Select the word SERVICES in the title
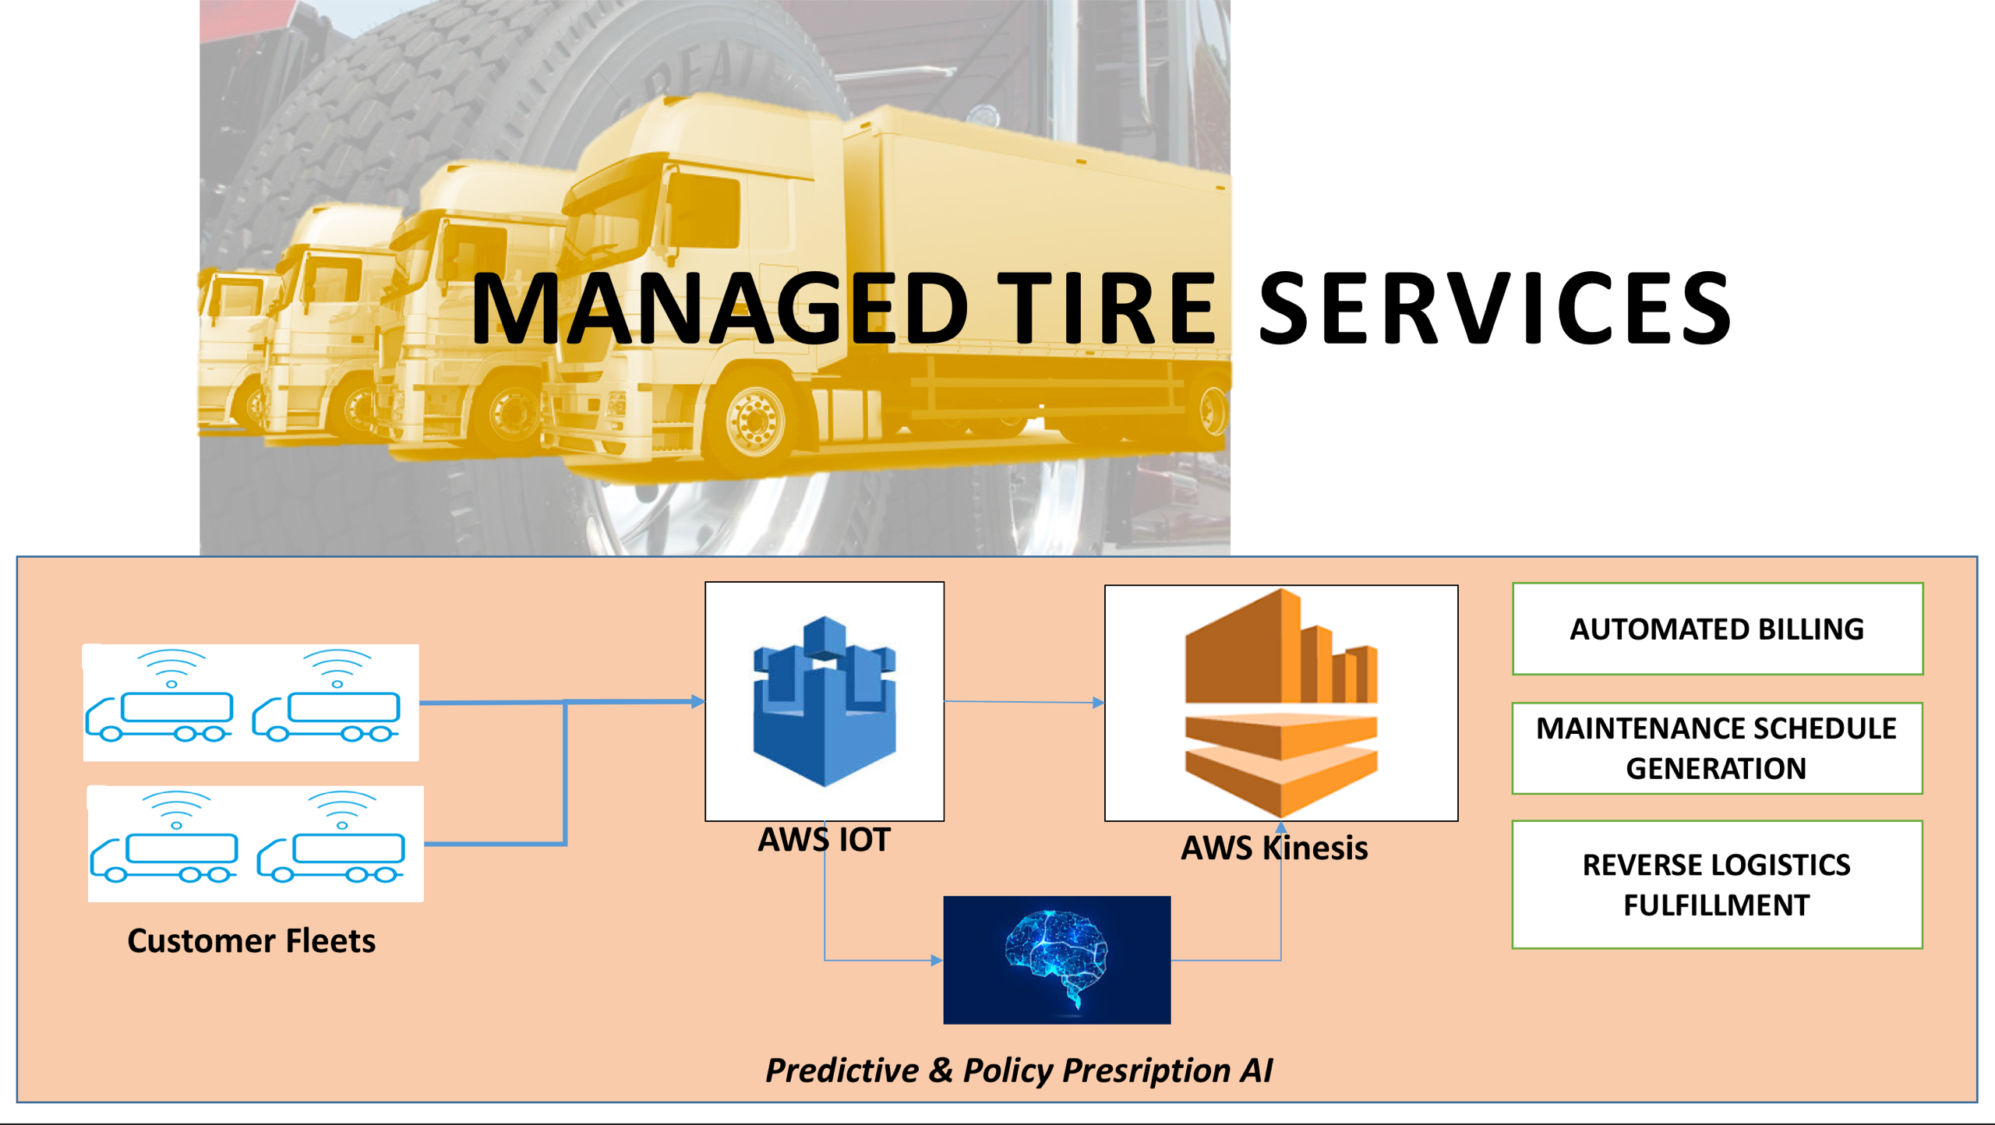(1495, 308)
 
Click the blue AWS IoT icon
(824, 701)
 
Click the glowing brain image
(1057, 960)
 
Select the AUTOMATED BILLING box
(1717, 629)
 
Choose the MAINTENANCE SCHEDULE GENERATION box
(1717, 748)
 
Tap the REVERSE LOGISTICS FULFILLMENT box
(1717, 884)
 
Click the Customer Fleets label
(251, 941)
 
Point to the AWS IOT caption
(824, 840)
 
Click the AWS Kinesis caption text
(1274, 848)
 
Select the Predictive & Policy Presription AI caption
(1019, 1070)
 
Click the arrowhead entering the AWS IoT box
(697, 701)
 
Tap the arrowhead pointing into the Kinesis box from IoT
(1098, 703)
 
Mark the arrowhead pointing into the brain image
(937, 961)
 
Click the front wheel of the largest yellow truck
(754, 421)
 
